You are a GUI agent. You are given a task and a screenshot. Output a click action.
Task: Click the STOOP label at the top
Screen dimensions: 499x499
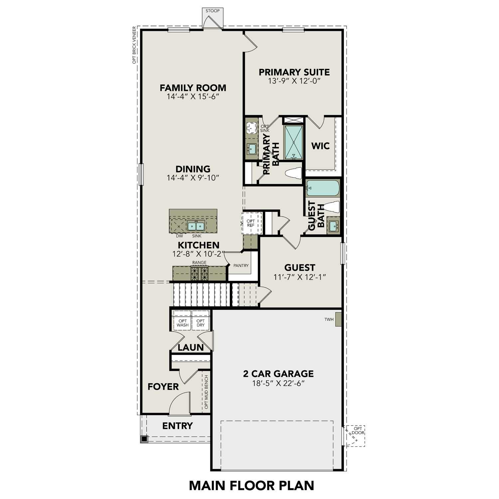pyautogui.click(x=212, y=11)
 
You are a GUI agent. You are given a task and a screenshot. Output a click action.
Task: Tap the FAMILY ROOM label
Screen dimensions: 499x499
pyautogui.click(x=193, y=88)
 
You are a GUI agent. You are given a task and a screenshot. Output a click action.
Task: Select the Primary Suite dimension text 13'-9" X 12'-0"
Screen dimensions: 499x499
pyautogui.click(x=294, y=81)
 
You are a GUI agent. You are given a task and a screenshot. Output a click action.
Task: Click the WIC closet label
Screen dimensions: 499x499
pyautogui.click(x=320, y=146)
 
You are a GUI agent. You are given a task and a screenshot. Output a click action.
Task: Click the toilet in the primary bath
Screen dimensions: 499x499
pyautogui.click(x=294, y=173)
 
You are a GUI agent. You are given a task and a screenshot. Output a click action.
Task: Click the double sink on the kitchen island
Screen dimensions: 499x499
pyautogui.click(x=195, y=226)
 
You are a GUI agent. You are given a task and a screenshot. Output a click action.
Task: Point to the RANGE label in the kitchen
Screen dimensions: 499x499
pyautogui.click(x=199, y=262)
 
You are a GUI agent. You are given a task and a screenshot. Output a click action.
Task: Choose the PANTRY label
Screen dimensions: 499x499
pyautogui.click(x=241, y=265)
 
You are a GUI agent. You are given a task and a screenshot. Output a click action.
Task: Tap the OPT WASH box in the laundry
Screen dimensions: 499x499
pyautogui.click(x=182, y=323)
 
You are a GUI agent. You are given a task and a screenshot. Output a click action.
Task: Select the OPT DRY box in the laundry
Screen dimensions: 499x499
pyautogui.click(x=201, y=323)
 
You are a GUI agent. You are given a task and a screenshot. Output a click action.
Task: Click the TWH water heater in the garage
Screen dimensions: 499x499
pyautogui.click(x=338, y=319)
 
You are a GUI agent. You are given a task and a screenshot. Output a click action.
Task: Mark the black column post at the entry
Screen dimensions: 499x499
pyautogui.click(x=144, y=439)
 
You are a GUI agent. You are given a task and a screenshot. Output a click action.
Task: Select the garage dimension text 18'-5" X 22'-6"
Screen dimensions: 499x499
pyautogui.click(x=278, y=383)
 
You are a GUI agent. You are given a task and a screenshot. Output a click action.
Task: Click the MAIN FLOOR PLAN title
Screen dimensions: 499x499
pyautogui.click(x=251, y=485)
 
